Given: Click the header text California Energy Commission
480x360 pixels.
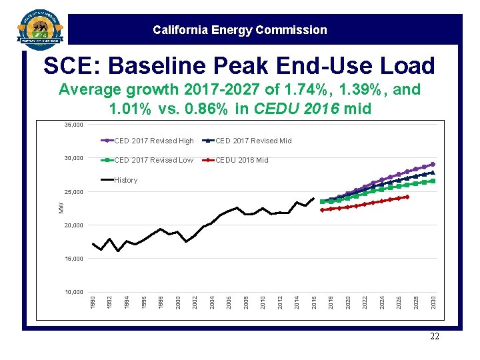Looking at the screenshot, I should point(239,30).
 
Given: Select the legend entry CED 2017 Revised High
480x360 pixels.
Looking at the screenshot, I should point(153,141).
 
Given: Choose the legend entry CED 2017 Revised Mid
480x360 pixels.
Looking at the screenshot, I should point(253,141).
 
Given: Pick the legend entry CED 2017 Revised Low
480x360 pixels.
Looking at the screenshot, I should point(153,160).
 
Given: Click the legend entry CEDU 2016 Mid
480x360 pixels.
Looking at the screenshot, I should point(241,160).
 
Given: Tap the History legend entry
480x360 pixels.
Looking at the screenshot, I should point(125,180).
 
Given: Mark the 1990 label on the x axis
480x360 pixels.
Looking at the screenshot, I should point(93,302).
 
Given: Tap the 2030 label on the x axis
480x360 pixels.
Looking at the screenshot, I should point(433,302).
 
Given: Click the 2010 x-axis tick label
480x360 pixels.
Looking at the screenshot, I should point(263,302).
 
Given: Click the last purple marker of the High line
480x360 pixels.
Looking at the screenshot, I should point(433,164).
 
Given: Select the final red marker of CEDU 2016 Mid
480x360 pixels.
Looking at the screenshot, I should point(407,197).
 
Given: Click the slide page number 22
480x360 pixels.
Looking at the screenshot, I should point(435,337).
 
